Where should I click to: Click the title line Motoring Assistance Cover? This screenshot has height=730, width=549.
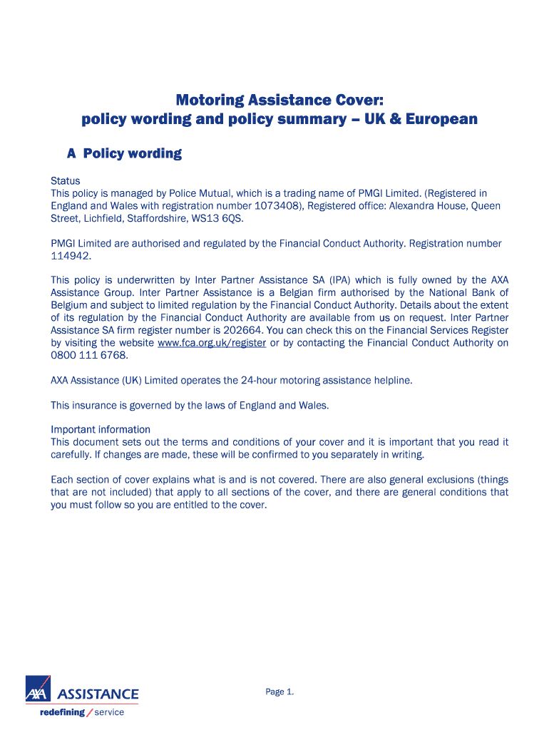[x=279, y=100]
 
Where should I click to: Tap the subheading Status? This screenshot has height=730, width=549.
[x=65, y=180]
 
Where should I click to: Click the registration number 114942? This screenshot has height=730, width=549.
[x=71, y=256]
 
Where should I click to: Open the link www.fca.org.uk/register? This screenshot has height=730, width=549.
[x=212, y=343]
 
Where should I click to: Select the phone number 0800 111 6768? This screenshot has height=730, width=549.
[x=89, y=355]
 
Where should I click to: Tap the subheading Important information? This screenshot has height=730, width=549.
[x=101, y=429]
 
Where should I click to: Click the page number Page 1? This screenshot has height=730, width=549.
[x=279, y=692]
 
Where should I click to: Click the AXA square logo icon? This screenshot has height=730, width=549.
[x=38, y=690]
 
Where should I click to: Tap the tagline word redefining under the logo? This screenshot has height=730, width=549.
[x=62, y=712]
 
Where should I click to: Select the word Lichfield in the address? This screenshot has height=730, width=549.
[x=108, y=218]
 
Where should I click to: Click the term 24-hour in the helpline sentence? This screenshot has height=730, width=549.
[x=257, y=380]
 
